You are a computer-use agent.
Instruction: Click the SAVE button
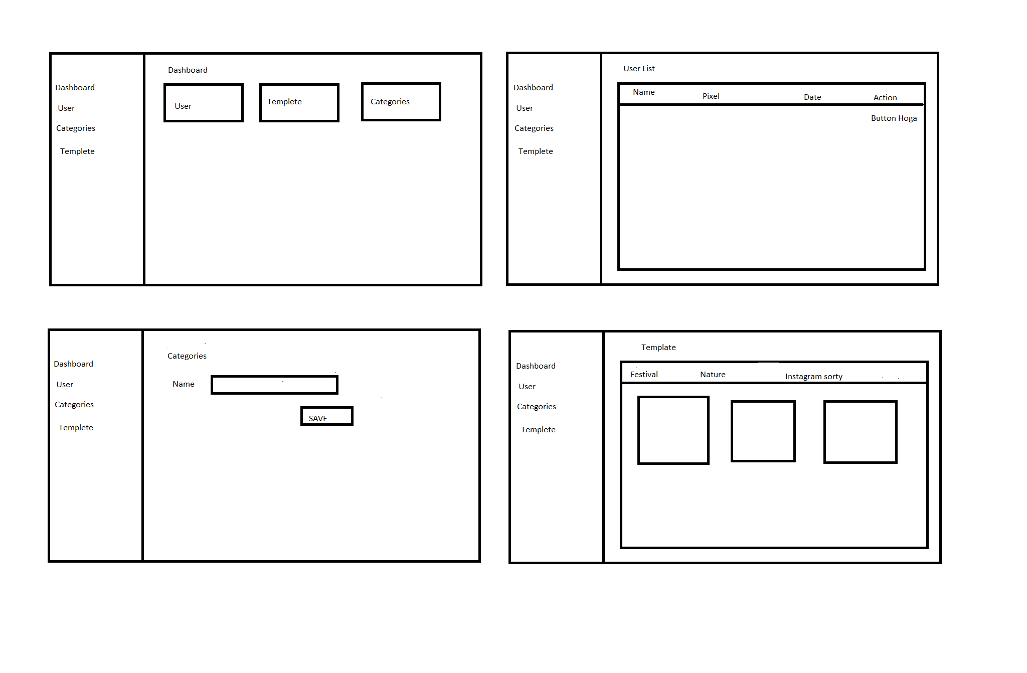(x=327, y=416)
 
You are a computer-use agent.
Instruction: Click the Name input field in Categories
(x=274, y=385)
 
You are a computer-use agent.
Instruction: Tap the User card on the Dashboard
(x=204, y=103)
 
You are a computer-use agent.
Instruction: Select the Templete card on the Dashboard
(x=299, y=103)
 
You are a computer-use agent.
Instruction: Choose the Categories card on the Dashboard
(x=401, y=102)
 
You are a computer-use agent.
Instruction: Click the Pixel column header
(x=711, y=96)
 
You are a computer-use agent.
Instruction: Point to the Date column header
(x=812, y=97)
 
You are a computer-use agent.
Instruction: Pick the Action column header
(x=885, y=98)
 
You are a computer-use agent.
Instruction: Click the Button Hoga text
(x=894, y=118)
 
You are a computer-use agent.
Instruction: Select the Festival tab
(x=644, y=375)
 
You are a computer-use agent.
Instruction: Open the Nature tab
(x=713, y=375)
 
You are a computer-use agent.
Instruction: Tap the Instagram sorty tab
(x=813, y=377)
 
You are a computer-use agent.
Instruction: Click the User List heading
(x=639, y=69)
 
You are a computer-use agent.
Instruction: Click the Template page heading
(x=658, y=348)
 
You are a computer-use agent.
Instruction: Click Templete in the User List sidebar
(x=536, y=151)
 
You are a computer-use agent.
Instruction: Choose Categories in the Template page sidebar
(x=537, y=407)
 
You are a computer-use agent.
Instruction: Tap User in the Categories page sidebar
(x=65, y=385)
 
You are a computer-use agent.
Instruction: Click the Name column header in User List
(x=644, y=92)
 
